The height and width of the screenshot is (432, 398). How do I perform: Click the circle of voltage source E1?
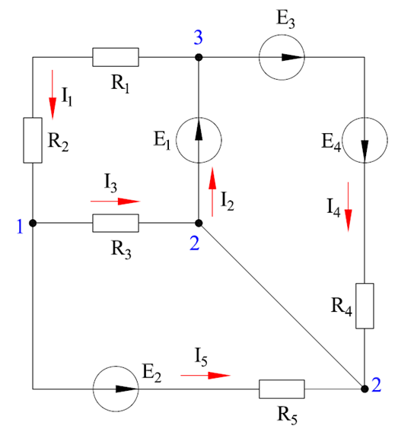[x=176, y=140]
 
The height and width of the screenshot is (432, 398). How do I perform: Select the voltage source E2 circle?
[x=93, y=389]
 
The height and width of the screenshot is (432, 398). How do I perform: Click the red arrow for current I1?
[x=53, y=95]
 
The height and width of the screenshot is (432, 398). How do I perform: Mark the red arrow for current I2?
[x=212, y=192]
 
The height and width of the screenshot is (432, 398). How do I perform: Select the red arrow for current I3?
[x=116, y=202]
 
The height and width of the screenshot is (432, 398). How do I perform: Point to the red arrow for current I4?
[x=348, y=207]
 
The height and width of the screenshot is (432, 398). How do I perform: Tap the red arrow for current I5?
[x=205, y=375]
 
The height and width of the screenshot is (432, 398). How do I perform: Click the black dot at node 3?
[x=199, y=57]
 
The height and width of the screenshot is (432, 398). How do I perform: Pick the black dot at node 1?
[x=33, y=223]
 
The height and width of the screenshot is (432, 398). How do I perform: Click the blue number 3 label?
[x=198, y=37]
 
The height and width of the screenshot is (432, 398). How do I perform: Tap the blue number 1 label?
[x=20, y=227]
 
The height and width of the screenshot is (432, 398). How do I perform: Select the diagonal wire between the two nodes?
[x=282, y=306]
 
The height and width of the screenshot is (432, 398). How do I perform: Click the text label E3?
[x=286, y=20]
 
